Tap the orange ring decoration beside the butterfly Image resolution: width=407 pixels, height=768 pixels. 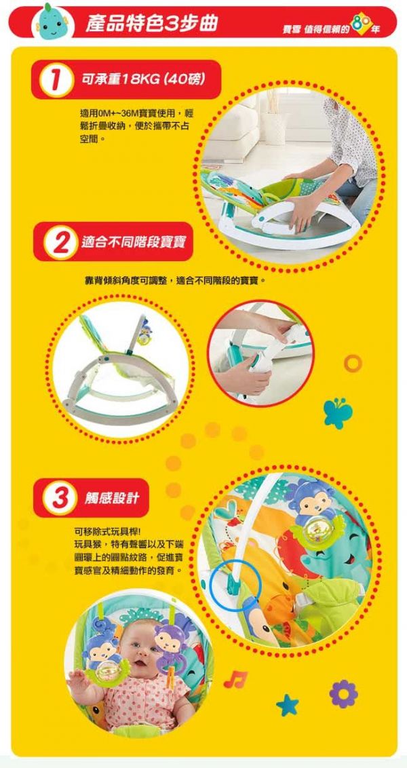[353, 362]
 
